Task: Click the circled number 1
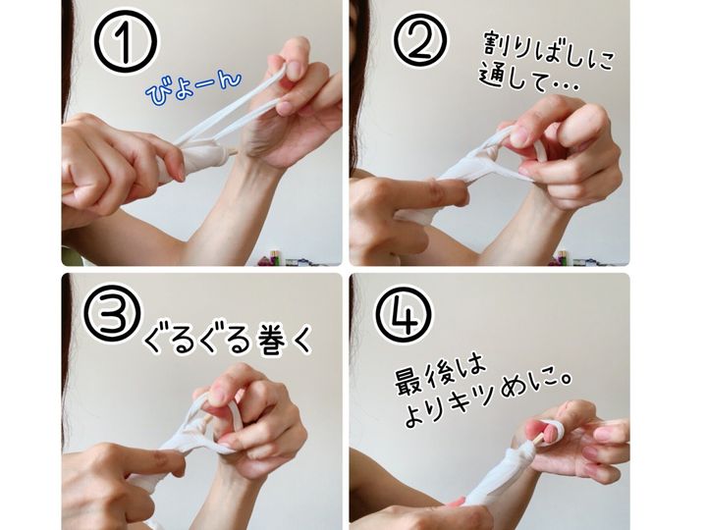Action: (126, 41)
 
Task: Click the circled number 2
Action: (420, 39)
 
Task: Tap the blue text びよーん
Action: (193, 87)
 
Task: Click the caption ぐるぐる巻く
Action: (228, 339)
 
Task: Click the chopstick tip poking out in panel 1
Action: (233, 152)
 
